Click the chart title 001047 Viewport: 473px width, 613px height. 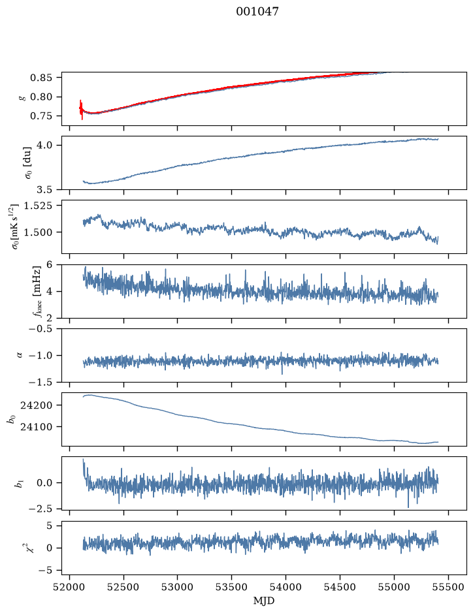pyautogui.click(x=257, y=12)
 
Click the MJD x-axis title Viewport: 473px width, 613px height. pyautogui.click(x=264, y=601)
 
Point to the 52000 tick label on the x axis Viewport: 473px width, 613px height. pyautogui.click(x=70, y=587)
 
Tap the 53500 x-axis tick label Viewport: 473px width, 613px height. pyautogui.click(x=232, y=587)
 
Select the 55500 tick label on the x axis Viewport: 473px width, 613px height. pyautogui.click(x=448, y=587)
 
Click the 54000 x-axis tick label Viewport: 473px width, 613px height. pyautogui.click(x=285, y=587)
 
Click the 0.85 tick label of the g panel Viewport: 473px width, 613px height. pyautogui.click(x=41, y=78)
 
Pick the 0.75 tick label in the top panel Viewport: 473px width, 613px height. pyautogui.click(x=41, y=116)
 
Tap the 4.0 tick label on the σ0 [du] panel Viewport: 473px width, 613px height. pyautogui.click(x=44, y=146)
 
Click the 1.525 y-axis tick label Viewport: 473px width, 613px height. pyautogui.click(x=37, y=206)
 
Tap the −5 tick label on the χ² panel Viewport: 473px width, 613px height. pyautogui.click(x=45, y=571)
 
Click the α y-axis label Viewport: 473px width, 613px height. pyautogui.click(x=20, y=355)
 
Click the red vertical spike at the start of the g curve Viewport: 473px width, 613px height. pyautogui.click(x=82, y=110)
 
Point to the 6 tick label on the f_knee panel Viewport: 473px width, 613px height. pyautogui.click(x=49, y=264)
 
